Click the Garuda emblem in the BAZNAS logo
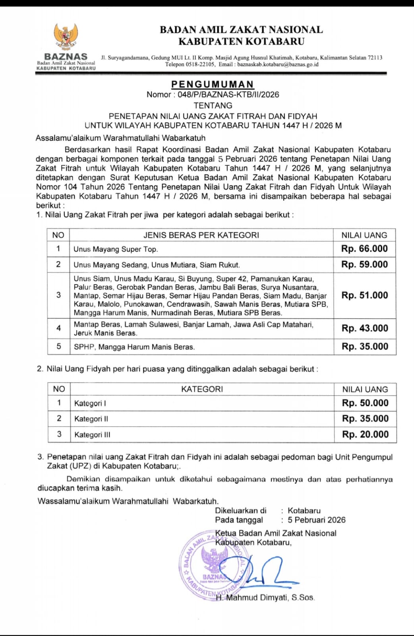click(x=66, y=37)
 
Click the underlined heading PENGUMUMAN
click(x=213, y=84)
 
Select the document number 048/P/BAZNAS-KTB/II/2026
click(x=228, y=95)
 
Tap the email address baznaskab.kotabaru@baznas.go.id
click(x=278, y=64)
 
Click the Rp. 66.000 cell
click(x=364, y=249)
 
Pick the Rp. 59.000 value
click(x=364, y=265)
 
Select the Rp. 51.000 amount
click(x=364, y=295)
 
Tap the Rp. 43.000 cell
click(x=364, y=328)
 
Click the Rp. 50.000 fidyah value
click(x=365, y=403)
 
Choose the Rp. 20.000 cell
click(x=365, y=434)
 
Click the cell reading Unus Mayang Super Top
click(x=116, y=250)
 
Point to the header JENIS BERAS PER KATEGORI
click(x=201, y=235)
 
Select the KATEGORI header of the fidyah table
click(x=202, y=389)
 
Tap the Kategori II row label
click(x=91, y=419)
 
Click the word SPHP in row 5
click(x=84, y=347)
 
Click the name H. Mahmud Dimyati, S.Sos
click(x=265, y=597)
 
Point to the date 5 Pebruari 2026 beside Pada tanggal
click(x=317, y=520)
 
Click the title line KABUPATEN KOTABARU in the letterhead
click(x=241, y=41)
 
